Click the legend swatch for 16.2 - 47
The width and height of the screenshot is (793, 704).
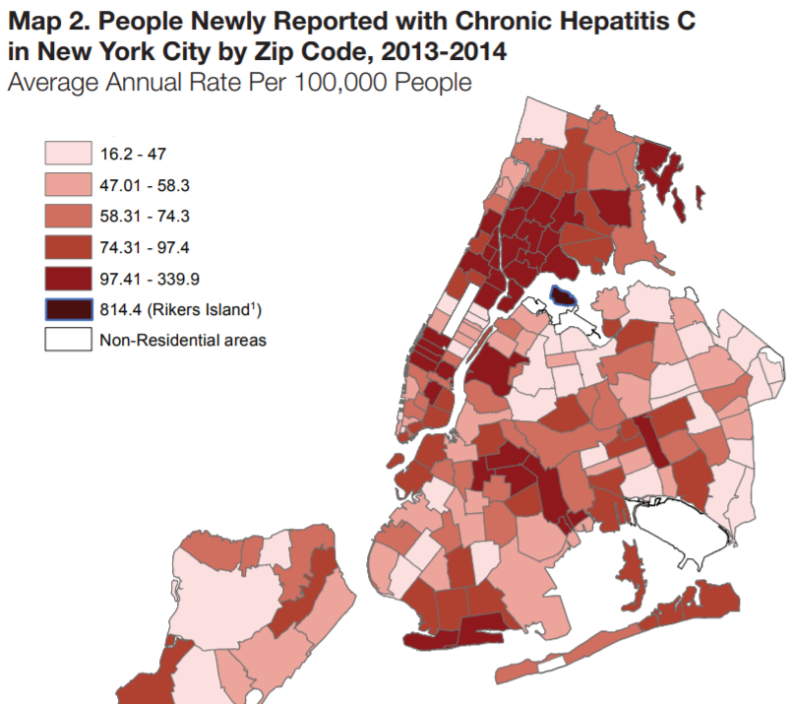click(66, 154)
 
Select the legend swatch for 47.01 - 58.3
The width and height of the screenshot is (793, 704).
click(66, 185)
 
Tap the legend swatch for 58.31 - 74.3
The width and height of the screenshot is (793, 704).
click(66, 216)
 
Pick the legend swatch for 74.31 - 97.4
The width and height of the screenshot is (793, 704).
click(66, 247)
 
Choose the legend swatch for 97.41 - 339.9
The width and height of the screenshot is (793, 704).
click(66, 278)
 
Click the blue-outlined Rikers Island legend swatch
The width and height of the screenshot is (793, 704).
click(66, 309)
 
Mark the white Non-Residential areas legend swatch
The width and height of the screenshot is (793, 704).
click(66, 340)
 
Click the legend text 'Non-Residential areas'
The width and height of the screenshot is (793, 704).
click(183, 341)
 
